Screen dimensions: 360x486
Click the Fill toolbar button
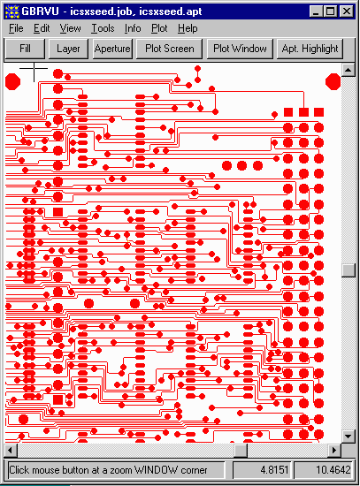[x=25, y=49]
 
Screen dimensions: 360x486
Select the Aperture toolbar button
[x=112, y=49]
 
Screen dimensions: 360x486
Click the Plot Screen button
[x=170, y=49]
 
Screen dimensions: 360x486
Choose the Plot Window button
[x=240, y=49]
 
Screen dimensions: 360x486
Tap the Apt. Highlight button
[x=310, y=49]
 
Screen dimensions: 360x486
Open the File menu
[x=16, y=28]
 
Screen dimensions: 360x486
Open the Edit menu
[x=42, y=28]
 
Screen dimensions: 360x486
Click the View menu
[x=70, y=28]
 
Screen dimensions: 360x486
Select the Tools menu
[x=103, y=28]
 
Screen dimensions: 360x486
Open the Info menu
[x=133, y=28]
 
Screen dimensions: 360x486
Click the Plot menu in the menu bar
[x=159, y=28]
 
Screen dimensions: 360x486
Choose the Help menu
[x=188, y=28]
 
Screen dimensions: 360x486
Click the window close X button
[x=346, y=11]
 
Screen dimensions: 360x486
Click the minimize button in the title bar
[x=317, y=11]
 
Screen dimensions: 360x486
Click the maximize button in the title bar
[x=330, y=11]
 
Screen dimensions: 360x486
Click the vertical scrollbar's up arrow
[x=349, y=70]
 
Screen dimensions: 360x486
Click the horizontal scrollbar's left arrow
[x=11, y=450]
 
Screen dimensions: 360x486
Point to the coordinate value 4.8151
[x=275, y=470]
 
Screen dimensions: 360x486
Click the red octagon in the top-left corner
[x=13, y=82]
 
